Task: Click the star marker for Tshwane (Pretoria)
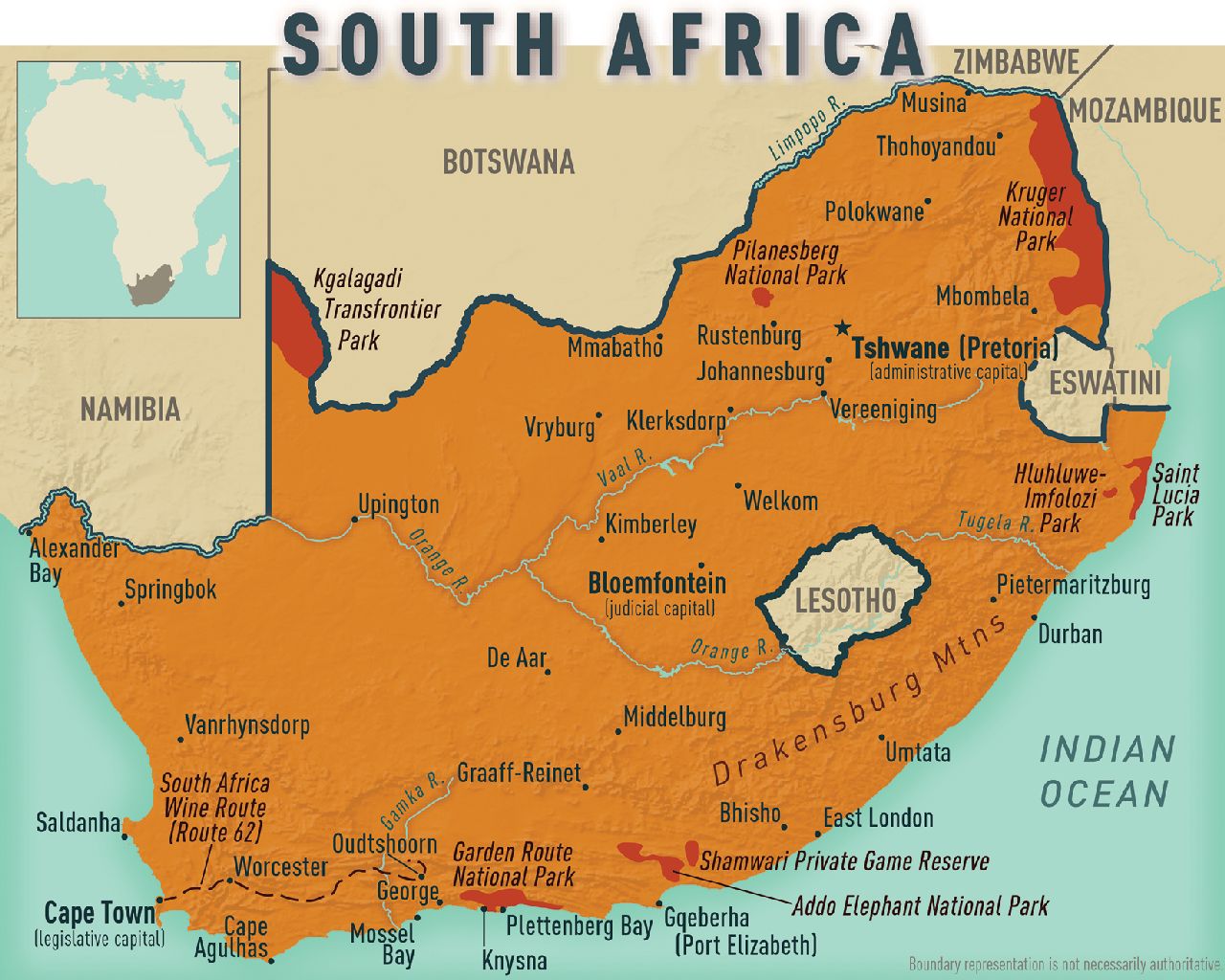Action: coord(841,328)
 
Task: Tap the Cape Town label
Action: coord(99,912)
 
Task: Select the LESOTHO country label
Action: coord(845,601)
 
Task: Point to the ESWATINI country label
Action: coord(1104,383)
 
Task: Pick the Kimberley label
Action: coord(651,524)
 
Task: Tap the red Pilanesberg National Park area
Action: coord(763,297)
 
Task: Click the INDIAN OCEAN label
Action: coord(1106,771)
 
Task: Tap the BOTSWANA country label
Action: coord(508,162)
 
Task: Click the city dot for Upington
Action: coord(355,520)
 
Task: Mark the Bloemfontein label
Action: coord(657,583)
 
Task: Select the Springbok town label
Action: coord(170,590)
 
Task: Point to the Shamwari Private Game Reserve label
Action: coord(844,861)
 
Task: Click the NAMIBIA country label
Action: coord(130,410)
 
